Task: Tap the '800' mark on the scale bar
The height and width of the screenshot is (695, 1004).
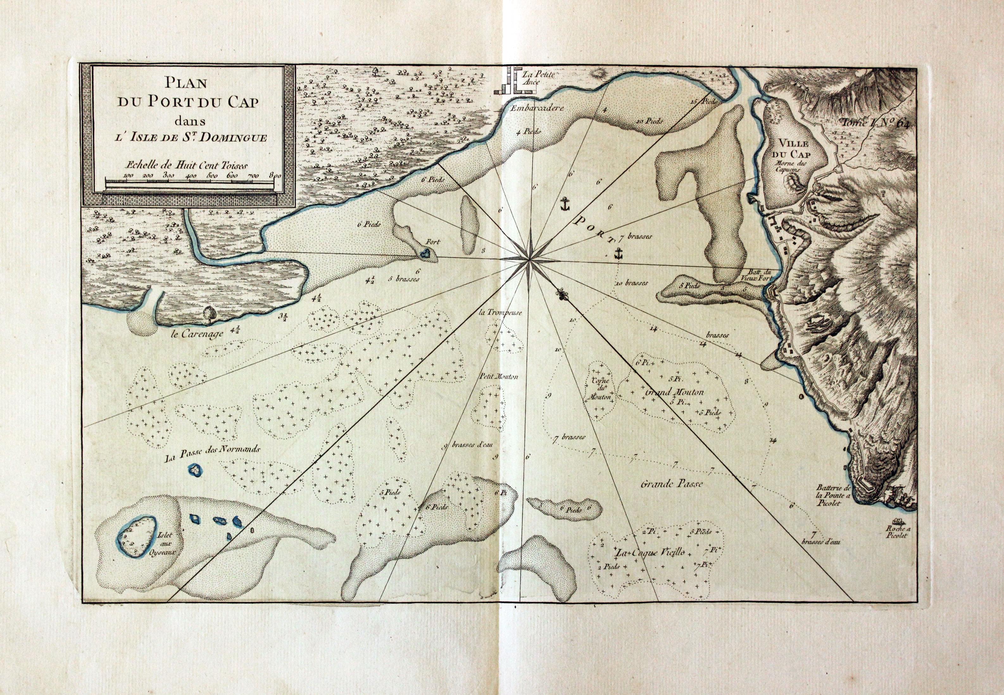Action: coord(275,175)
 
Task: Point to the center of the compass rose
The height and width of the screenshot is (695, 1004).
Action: coord(529,260)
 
